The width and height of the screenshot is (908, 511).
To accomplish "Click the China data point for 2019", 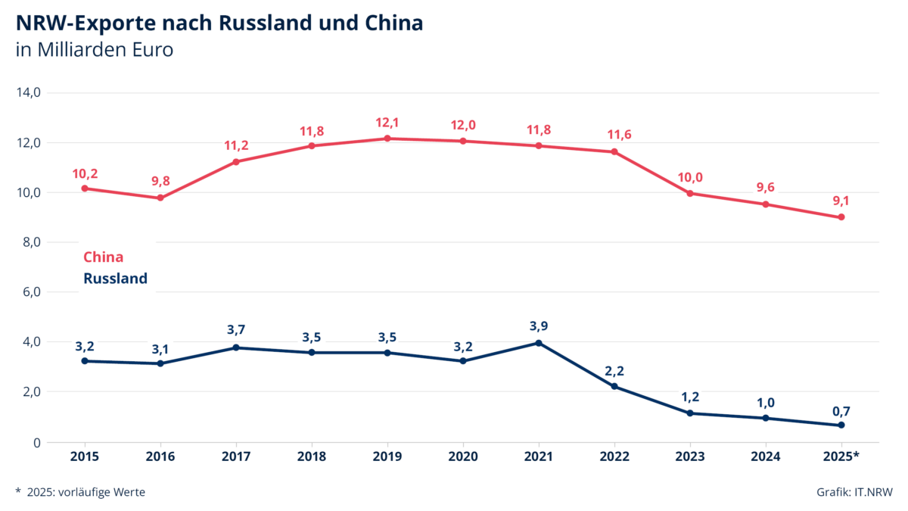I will coord(387,139).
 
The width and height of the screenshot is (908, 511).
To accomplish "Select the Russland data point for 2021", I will coord(539,343).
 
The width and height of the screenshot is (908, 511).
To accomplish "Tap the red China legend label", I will coord(103,257).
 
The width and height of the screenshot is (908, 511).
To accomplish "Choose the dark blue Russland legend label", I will coord(115,279).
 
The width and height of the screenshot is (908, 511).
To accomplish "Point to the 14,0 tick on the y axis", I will coord(28,92).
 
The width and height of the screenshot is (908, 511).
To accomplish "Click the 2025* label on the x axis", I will coord(841,456).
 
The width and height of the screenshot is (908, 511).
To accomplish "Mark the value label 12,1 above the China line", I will coord(387,123).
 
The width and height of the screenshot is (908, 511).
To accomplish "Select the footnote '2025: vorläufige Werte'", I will coord(86,492).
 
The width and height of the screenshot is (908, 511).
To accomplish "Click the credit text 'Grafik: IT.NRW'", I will coord(854,492).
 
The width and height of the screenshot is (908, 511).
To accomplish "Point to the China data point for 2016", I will coord(160,198).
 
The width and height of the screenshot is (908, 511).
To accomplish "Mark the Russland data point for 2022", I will coord(614,387).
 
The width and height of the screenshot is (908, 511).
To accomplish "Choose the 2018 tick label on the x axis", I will coord(312,456).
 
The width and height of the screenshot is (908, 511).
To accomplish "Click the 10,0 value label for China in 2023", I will coord(690,177).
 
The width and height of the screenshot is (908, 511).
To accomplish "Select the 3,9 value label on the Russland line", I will coord(539,326).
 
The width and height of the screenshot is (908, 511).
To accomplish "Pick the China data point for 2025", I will coord(841,217).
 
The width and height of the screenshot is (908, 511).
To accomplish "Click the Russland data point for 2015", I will coord(85,361).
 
